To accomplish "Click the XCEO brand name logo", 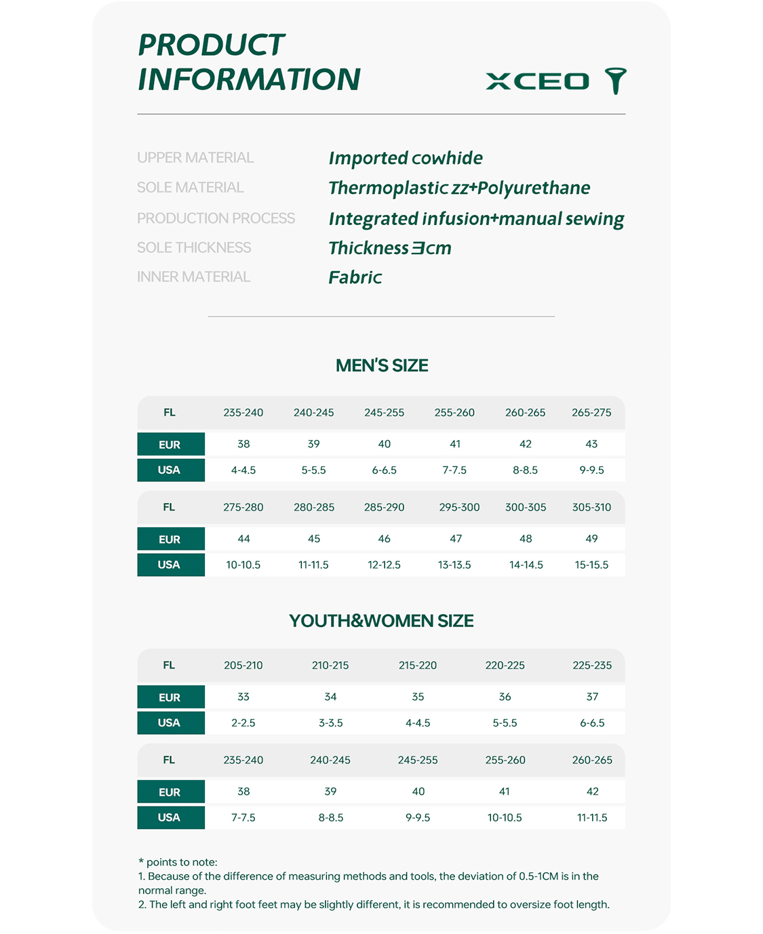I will (537, 81).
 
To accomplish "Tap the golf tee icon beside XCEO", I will (616, 81).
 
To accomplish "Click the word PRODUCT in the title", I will (211, 45).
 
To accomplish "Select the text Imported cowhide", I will (405, 158).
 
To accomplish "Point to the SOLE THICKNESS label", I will (194, 247).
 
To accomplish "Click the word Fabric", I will (355, 277).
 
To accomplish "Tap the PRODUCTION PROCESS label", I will (216, 218).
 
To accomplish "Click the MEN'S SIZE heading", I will (382, 365).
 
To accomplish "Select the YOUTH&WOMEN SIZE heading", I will (381, 621).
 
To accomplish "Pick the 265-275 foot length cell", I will (591, 412).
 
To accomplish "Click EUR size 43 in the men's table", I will (591, 444).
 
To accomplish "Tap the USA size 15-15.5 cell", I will (591, 565).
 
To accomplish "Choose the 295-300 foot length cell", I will (459, 507).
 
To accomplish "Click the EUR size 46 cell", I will (384, 539).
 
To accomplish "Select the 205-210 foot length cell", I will (243, 665).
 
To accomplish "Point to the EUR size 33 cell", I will (243, 697).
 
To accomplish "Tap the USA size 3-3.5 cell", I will (330, 723).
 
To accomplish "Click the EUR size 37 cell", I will (592, 697).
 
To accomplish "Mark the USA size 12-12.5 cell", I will (384, 565).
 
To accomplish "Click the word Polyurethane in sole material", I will (534, 188).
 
